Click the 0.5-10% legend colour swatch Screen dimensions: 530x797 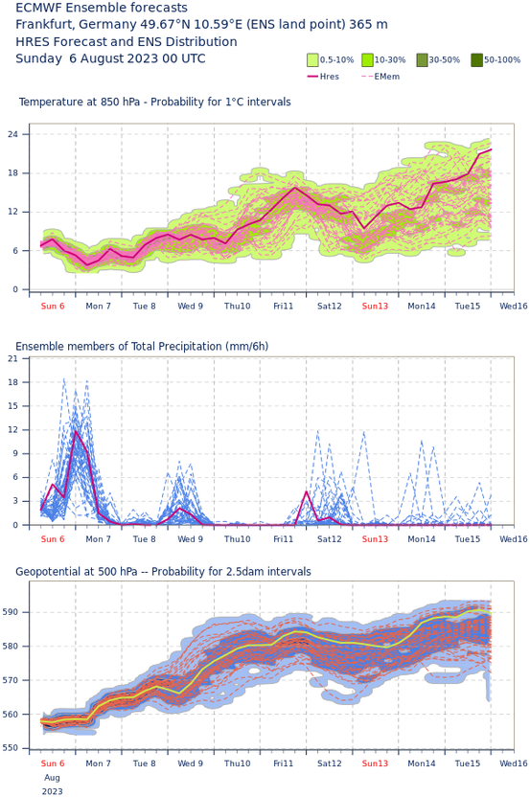click(x=312, y=60)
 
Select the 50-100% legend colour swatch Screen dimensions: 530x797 click(x=476, y=60)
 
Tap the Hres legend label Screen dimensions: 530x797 click(x=330, y=77)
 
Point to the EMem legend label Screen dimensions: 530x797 click(x=387, y=77)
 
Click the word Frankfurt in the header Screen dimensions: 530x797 click(x=45, y=25)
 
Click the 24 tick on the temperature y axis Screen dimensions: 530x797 click(x=12, y=134)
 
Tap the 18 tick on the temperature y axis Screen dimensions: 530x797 click(x=12, y=172)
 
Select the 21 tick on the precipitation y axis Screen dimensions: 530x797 click(x=12, y=358)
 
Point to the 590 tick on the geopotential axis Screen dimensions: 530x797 click(x=12, y=612)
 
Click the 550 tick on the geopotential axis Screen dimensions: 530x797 click(x=12, y=748)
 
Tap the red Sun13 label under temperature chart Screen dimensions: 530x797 click(x=375, y=306)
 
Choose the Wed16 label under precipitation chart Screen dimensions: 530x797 click(x=514, y=538)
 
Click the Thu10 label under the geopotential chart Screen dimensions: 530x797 click(x=238, y=763)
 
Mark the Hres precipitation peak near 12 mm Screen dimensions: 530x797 click(x=76, y=431)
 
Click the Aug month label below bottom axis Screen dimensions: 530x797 click(x=53, y=778)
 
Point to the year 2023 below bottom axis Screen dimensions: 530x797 click(x=53, y=791)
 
